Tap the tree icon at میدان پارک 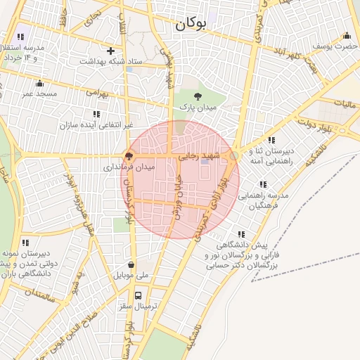pos(197,96)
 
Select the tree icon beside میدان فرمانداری pos(129,156)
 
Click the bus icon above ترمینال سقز pos(138,296)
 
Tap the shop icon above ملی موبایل pos(131,265)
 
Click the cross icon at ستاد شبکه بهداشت pos(110,51)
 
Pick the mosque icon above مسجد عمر pos(39,83)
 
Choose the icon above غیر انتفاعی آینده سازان pos(96,114)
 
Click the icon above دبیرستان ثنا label pos(271,139)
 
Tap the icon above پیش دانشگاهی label pos(242,235)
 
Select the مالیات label pos(345,105)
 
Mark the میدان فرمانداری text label pos(129,167)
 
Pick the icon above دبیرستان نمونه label pos(26,243)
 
